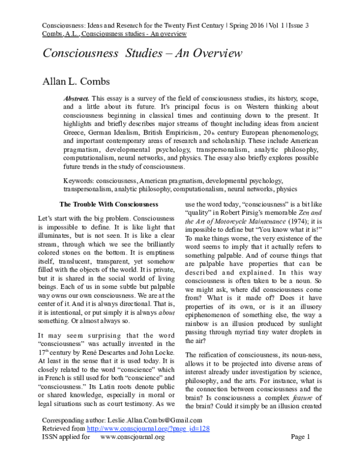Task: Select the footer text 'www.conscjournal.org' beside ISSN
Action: click(132, 454)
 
